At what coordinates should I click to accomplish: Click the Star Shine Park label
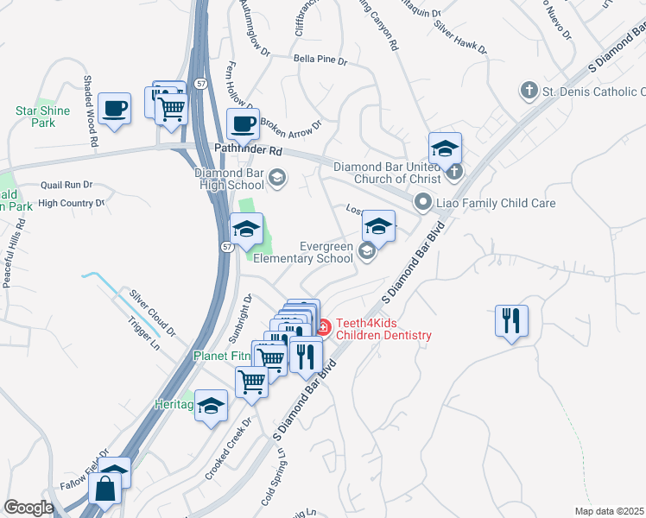(35, 117)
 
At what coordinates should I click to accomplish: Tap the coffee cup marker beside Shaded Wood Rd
(114, 109)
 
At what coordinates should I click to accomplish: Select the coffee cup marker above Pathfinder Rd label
(243, 123)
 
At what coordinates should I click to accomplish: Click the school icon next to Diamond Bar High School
(277, 179)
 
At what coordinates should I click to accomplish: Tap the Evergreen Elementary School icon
(366, 251)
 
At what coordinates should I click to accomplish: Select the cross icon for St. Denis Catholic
(529, 91)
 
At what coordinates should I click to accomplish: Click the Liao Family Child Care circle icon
(422, 203)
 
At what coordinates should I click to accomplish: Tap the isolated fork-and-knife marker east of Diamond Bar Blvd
(511, 321)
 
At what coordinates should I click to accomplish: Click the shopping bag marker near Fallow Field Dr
(105, 488)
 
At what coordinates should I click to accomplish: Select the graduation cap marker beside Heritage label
(211, 406)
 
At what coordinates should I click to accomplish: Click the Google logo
(28, 508)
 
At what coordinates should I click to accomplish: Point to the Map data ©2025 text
(609, 511)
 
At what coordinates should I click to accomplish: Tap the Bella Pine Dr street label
(320, 61)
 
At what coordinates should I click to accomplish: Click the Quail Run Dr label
(66, 185)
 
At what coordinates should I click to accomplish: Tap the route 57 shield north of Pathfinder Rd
(199, 83)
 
